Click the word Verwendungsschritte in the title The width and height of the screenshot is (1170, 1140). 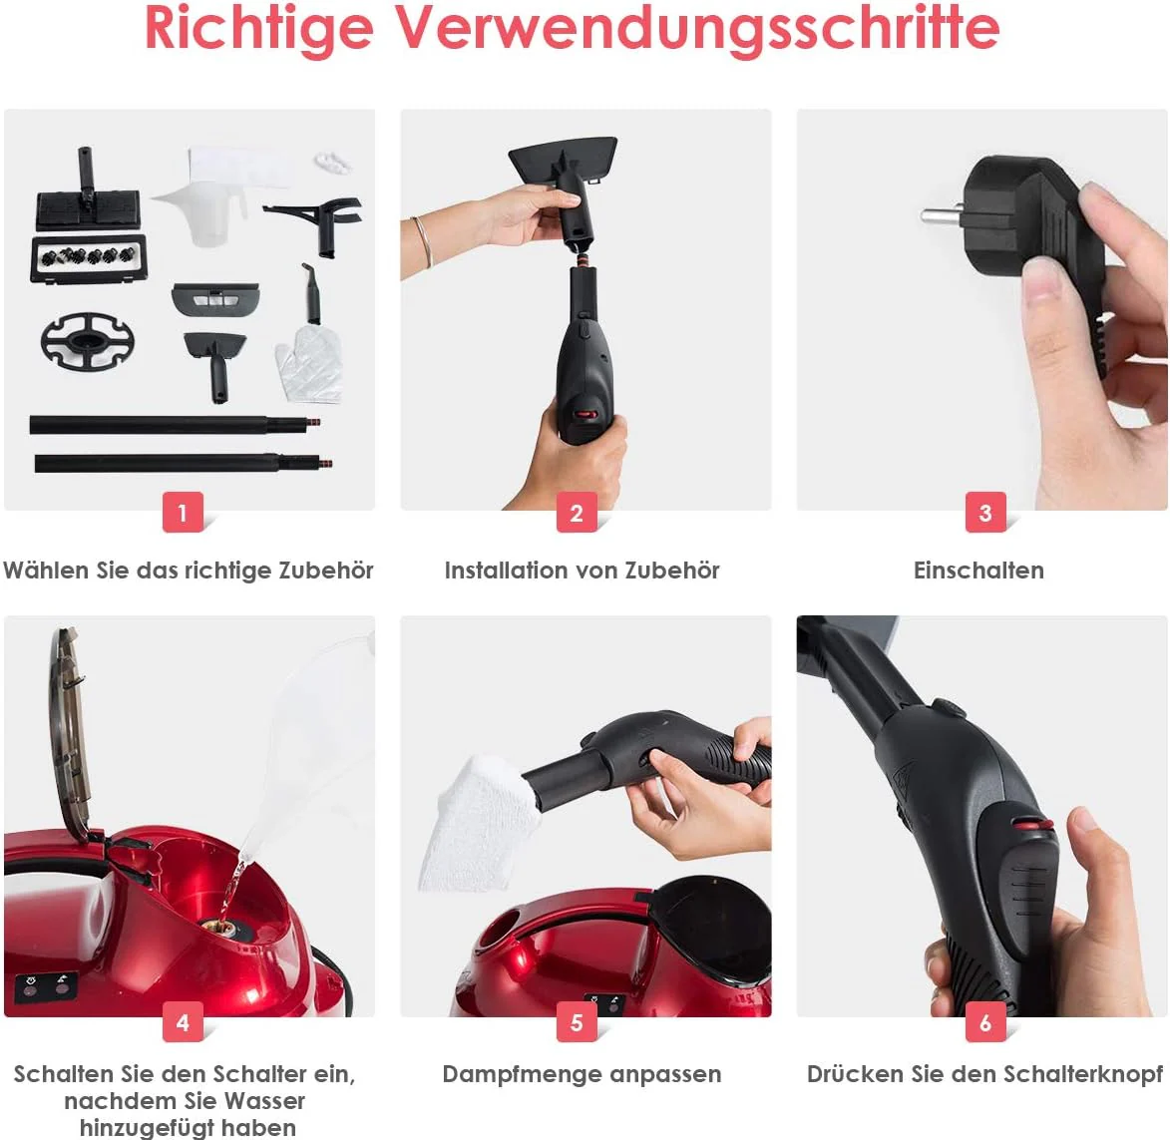tap(697, 28)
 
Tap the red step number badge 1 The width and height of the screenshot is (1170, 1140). tap(183, 512)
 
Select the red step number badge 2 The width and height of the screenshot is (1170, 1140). tap(577, 512)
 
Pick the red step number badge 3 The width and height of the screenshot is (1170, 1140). tap(985, 512)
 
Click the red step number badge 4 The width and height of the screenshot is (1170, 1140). tap(183, 1021)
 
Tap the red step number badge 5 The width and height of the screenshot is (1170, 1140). tap(577, 1021)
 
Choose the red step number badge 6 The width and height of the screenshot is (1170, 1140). tap(985, 1021)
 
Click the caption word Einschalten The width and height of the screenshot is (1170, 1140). tap(978, 570)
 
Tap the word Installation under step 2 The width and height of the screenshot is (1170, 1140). tap(505, 570)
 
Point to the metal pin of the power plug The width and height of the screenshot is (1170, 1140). tap(943, 217)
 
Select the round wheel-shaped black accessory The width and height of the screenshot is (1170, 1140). tap(88, 341)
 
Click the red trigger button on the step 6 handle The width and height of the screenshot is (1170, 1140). tap(1032, 825)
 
